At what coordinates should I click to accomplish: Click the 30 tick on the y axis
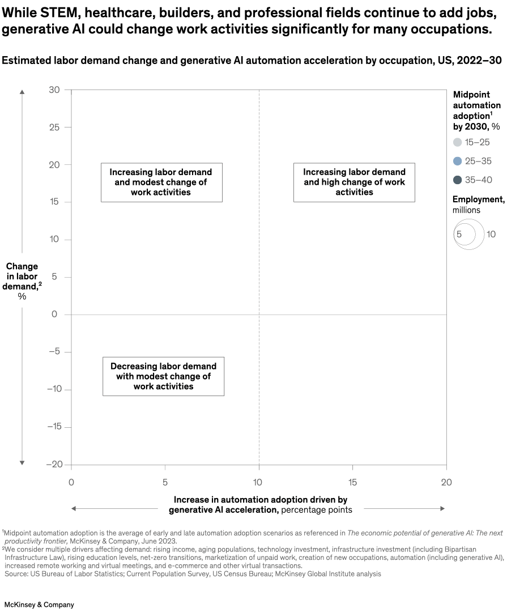coord(55,90)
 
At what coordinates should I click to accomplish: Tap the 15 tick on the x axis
coord(352,482)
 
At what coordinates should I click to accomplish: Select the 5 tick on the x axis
coord(165,482)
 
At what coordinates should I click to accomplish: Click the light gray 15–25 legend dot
coord(458,142)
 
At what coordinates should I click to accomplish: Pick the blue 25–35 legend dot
coord(458,161)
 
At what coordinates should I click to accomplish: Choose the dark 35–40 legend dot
coord(458,180)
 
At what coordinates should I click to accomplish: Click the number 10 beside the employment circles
coord(491,234)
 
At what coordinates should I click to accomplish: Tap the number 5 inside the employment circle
coord(459,234)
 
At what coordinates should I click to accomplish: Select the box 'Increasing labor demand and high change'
coord(354,182)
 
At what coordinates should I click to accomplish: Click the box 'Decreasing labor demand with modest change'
coord(163,376)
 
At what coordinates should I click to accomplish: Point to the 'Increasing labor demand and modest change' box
coord(161,182)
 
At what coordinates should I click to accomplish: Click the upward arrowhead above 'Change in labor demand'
coord(22,91)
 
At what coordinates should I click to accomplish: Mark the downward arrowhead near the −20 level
coord(22,462)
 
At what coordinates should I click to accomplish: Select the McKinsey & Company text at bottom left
coord(39,605)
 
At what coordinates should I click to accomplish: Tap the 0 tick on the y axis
coord(55,314)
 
